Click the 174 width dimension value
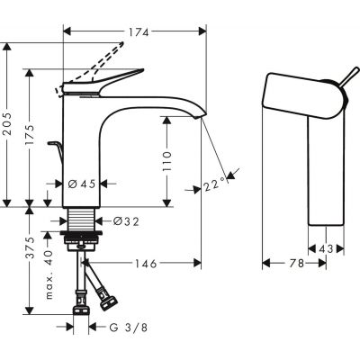pos(138,32)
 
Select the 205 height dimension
pos(9,127)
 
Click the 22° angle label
pos(213,184)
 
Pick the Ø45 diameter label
pos(82,184)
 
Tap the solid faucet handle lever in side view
pos(103,84)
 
